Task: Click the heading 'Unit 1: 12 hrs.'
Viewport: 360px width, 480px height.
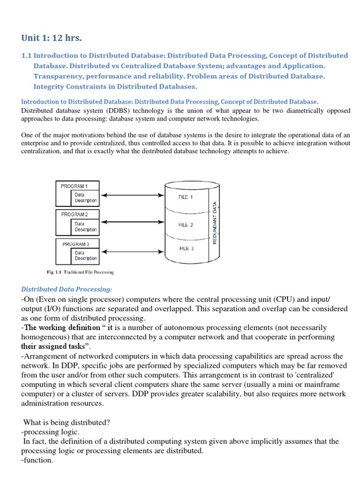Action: [x=52, y=37]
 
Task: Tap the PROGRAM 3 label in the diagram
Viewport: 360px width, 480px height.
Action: [x=75, y=244]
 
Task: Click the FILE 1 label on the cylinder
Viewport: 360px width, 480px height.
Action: [x=186, y=197]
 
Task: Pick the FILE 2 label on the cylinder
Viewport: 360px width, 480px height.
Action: [x=186, y=225]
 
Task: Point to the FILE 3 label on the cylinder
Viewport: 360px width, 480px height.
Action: [x=187, y=248]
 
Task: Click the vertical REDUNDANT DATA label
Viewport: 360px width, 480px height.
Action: [x=215, y=223]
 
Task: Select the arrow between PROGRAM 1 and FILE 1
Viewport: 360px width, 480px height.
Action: [x=133, y=195]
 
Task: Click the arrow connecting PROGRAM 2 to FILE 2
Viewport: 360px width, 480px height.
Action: [x=133, y=222]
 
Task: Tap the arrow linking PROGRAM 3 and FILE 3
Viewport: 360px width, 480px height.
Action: [x=133, y=252]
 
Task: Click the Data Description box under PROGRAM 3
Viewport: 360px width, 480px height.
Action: [x=86, y=255]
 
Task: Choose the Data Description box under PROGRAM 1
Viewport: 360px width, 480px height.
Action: [x=86, y=197]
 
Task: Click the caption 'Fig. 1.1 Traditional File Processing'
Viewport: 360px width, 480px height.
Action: [x=80, y=272]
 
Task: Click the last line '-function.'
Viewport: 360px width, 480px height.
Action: [x=37, y=460]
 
